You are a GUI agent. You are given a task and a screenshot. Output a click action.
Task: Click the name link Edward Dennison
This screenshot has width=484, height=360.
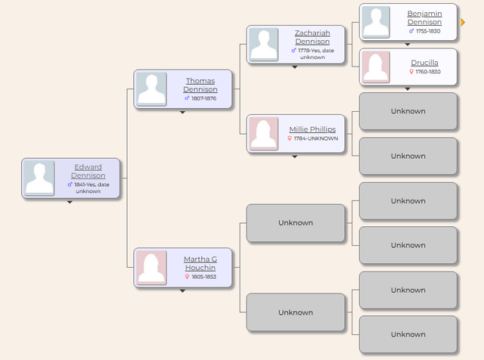click(88, 171)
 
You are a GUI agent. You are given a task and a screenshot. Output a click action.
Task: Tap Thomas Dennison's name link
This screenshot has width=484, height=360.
click(200, 85)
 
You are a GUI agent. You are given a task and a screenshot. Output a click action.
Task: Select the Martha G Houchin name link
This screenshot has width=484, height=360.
click(200, 263)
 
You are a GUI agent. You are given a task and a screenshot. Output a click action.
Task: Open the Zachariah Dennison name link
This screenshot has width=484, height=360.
click(312, 37)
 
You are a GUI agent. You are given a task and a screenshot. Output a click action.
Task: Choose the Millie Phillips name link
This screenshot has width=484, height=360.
click(312, 129)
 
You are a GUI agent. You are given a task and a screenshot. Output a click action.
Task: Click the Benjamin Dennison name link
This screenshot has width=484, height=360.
click(424, 17)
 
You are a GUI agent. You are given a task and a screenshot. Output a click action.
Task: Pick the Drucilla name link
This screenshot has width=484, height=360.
click(424, 62)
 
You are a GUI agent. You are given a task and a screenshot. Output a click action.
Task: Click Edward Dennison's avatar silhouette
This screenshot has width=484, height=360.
click(39, 178)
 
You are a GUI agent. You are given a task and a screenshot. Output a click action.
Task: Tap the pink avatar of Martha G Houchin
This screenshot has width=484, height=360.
click(151, 268)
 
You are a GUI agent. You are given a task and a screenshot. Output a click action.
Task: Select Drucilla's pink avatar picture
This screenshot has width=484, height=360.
click(376, 67)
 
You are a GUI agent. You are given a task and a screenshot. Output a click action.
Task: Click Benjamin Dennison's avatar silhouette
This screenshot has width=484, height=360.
click(376, 22)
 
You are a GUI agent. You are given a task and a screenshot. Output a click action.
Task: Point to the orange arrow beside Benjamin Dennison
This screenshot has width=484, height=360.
click(463, 22)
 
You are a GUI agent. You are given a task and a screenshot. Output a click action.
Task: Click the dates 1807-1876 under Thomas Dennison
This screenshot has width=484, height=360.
click(203, 98)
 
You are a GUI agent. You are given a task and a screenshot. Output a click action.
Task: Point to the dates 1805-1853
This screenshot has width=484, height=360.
click(203, 277)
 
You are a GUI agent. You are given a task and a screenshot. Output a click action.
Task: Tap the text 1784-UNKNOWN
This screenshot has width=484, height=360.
click(316, 138)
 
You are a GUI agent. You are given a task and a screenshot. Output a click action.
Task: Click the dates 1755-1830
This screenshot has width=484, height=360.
click(428, 31)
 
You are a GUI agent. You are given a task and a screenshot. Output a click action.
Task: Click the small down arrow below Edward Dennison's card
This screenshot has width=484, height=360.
click(70, 202)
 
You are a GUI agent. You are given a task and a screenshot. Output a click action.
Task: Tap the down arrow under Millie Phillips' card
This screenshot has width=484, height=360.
click(295, 157)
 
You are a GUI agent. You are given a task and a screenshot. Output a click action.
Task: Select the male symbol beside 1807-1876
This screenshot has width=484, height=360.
click(187, 98)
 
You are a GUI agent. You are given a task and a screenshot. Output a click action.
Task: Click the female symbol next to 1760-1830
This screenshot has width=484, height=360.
click(411, 72)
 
